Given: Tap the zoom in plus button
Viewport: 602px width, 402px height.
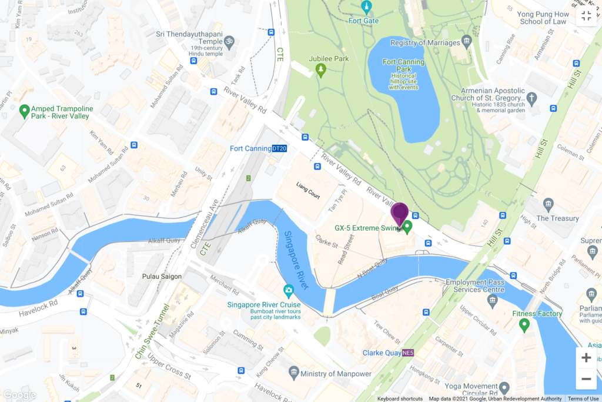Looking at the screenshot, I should [586, 357].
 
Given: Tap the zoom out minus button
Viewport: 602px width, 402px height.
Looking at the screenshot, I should [586, 378].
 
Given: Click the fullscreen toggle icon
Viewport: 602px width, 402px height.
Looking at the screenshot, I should [586, 16].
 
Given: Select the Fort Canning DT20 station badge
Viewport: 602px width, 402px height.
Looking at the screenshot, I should [279, 148].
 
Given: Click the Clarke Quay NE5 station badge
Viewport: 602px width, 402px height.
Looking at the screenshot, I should [408, 353].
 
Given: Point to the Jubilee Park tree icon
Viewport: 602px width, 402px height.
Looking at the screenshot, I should [320, 71].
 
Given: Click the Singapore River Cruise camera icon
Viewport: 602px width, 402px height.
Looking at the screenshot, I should [289, 291].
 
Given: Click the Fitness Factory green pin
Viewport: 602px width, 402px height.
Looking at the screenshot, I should [524, 324].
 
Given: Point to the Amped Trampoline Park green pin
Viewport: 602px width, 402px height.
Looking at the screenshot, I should [25, 110].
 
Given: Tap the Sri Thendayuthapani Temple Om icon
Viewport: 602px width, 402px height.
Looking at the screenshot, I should [229, 42].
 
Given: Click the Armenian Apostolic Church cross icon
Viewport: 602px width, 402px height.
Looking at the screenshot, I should [531, 98].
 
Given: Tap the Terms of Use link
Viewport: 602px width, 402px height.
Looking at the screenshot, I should [583, 398].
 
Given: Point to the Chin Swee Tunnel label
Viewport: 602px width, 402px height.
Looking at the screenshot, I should [152, 333].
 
